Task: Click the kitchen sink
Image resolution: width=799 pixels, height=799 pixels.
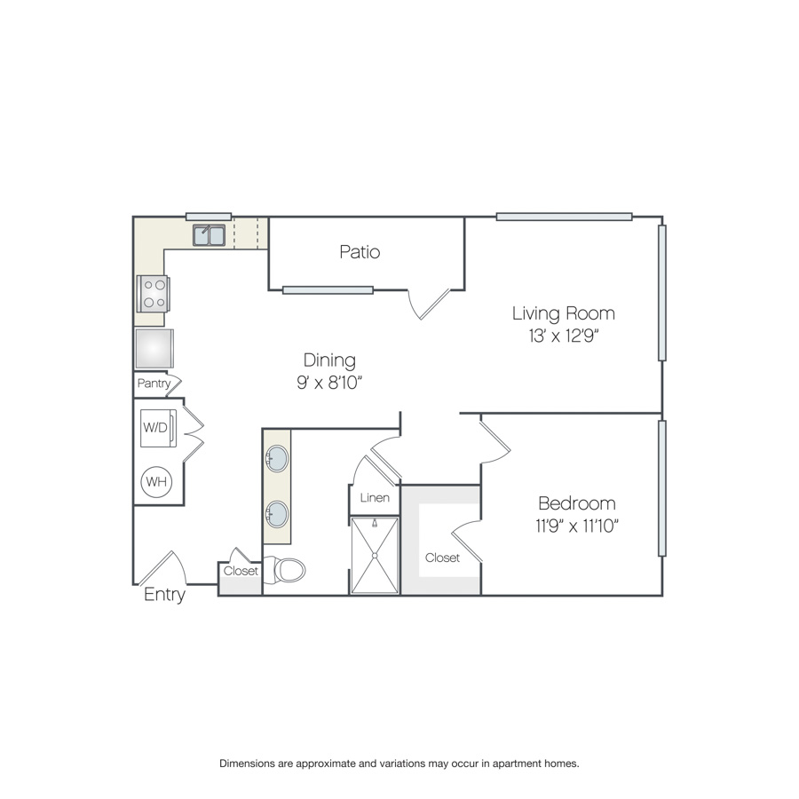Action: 209,235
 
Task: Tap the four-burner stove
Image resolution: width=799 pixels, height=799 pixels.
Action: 153,294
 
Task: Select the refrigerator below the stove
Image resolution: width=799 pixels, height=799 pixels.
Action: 154,349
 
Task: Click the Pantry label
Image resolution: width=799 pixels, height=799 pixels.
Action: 154,384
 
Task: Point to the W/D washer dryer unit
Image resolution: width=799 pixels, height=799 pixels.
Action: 159,428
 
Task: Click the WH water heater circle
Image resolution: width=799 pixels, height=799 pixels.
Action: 156,481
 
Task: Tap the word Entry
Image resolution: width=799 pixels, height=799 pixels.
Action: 164,594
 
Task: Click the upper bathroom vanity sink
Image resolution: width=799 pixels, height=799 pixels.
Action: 277,459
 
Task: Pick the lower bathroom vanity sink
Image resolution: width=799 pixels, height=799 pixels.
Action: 277,514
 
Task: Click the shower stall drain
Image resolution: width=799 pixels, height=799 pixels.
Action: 375,556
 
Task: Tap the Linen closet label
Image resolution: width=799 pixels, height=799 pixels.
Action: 375,498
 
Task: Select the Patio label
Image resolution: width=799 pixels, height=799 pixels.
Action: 360,252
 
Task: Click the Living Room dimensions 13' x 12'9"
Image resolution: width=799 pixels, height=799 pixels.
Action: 564,336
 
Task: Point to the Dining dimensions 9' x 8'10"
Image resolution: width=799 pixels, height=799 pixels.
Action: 329,382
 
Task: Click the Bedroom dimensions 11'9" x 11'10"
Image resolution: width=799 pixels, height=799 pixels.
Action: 577,526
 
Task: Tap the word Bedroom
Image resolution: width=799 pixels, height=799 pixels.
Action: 577,503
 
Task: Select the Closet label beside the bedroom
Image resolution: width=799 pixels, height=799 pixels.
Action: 442,558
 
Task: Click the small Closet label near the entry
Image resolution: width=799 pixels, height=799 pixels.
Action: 241,571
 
